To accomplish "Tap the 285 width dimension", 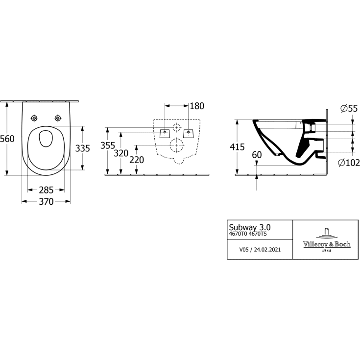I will [46, 190].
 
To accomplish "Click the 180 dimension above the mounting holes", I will [196, 106].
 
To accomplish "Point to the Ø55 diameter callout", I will [348, 109].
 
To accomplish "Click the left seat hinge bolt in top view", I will [35, 118].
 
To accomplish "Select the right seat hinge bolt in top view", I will [58, 118].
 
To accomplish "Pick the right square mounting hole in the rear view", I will [189, 132].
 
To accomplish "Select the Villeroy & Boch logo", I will [326, 240].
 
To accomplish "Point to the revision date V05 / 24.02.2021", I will [260, 249].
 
